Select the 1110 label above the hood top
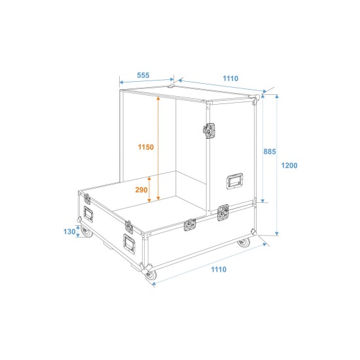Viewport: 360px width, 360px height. coord(230,79)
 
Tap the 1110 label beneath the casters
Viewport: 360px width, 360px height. coord(218,270)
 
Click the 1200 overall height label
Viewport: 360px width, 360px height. coord(289,166)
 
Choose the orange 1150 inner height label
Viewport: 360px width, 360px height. coord(145,147)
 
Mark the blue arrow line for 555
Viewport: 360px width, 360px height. coord(143,83)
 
